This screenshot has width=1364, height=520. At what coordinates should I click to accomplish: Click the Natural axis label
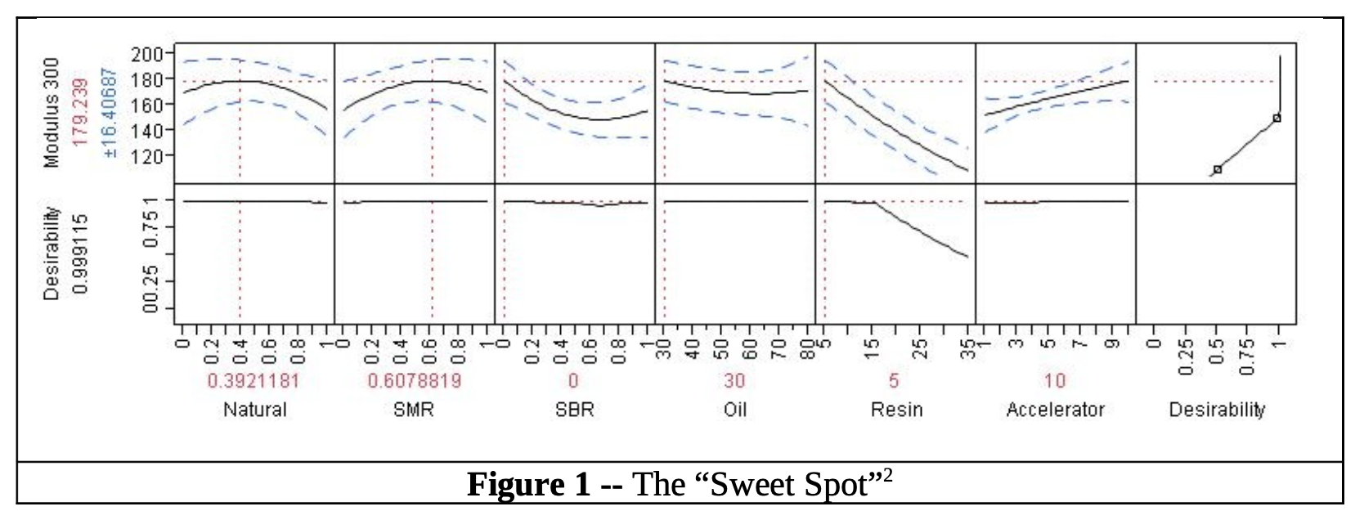[x=255, y=410]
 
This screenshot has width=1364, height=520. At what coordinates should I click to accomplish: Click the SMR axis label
[x=414, y=410]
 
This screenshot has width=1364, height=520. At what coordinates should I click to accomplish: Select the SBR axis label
[x=573, y=410]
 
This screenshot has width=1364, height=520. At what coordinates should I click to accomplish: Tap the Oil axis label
[x=734, y=410]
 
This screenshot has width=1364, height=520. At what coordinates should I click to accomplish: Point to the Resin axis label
[x=895, y=410]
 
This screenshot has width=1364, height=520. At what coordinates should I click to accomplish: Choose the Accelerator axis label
[x=1055, y=410]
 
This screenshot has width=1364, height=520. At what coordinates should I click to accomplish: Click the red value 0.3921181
[x=254, y=381]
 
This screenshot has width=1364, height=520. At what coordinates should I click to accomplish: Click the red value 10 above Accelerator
[x=1055, y=381]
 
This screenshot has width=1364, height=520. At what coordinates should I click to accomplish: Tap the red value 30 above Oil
[x=734, y=381]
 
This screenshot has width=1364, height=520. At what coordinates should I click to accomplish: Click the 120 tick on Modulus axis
[x=151, y=155]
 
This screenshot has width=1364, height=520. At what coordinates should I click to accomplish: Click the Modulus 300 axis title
[x=52, y=113]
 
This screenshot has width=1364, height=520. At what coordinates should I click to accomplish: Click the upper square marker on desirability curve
[x=1277, y=119]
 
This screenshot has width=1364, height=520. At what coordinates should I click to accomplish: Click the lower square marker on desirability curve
[x=1218, y=169]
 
